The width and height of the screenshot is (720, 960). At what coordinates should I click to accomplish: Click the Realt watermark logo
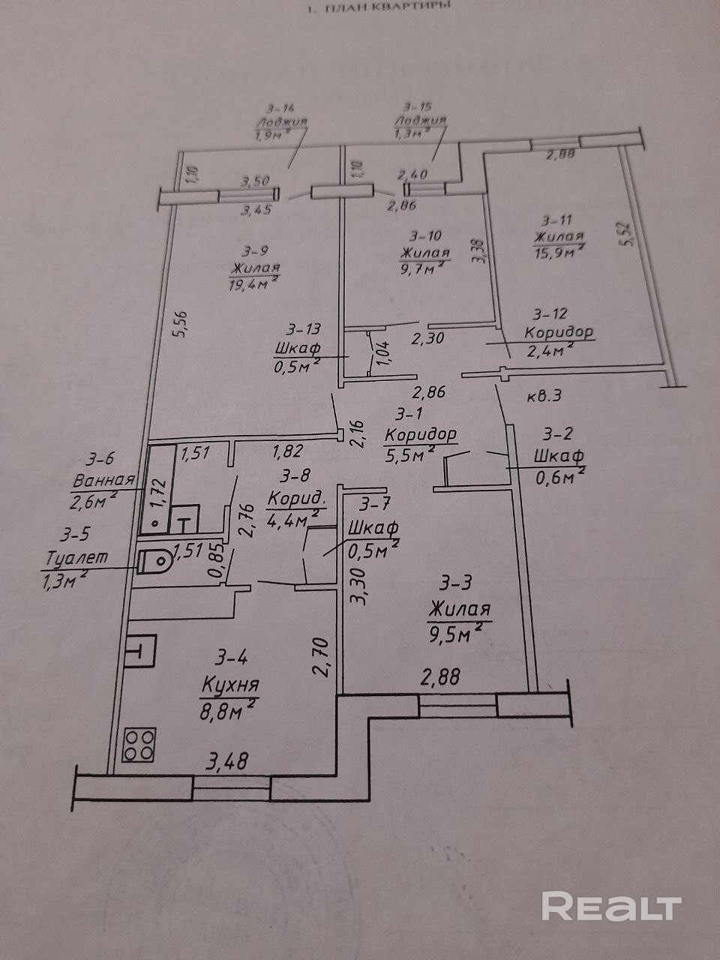point(611,906)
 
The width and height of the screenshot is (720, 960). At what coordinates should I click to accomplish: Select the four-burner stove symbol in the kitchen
point(139,744)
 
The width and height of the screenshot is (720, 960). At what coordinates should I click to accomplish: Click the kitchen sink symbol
point(141,652)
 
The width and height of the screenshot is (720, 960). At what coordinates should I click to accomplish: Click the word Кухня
point(230,685)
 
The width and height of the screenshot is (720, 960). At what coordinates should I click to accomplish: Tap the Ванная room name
point(103,480)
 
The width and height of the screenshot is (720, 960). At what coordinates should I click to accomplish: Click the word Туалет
point(77,558)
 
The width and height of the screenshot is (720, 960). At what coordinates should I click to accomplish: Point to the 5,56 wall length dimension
point(178,324)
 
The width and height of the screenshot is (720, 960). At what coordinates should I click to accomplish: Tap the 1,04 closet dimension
point(382,352)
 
